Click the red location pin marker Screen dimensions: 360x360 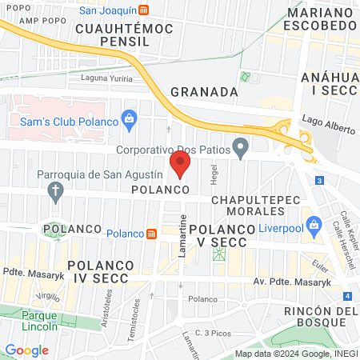pyautogui.click(x=181, y=165)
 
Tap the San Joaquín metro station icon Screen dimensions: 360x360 pyautogui.click(x=143, y=10)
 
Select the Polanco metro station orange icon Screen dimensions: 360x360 pyautogui.click(x=150, y=233)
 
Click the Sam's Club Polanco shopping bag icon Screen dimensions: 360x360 pyautogui.click(x=129, y=121)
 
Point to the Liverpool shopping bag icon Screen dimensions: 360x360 pyautogui.click(x=314, y=223)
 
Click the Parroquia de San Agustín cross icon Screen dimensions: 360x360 pyautogui.click(x=55, y=190)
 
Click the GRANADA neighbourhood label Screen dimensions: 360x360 pyautogui.click(x=205, y=91)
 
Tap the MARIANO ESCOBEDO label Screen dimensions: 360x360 pyautogui.click(x=309, y=19)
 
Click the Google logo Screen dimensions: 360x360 pyautogui.click(x=27, y=350)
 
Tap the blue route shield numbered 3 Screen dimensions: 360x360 pyautogui.click(x=319, y=181)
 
